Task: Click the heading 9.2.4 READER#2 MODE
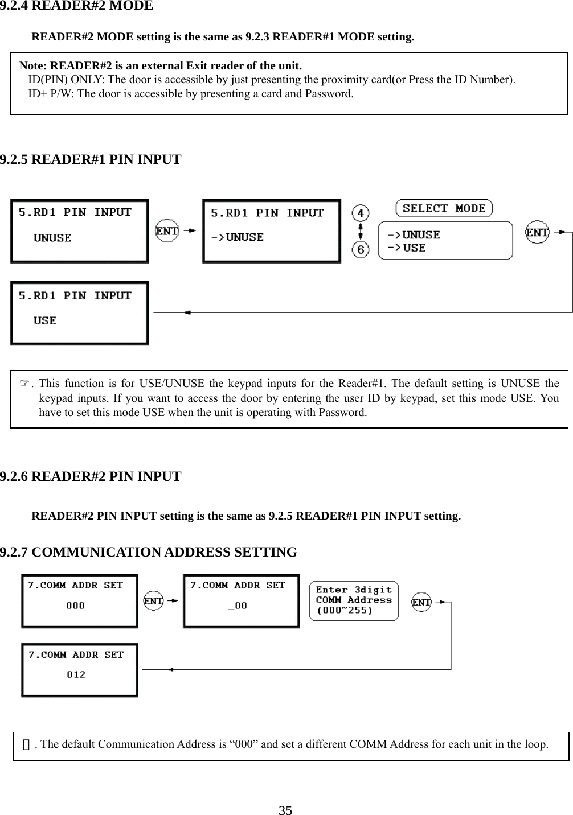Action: click(76, 6)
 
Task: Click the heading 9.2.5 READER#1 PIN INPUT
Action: click(91, 159)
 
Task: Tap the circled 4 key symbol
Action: click(360, 213)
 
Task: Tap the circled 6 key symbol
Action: click(360, 249)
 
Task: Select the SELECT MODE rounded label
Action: click(444, 208)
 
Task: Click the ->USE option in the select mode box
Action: click(407, 248)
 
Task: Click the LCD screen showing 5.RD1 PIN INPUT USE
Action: click(79, 313)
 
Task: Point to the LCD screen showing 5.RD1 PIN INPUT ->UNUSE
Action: click(272, 231)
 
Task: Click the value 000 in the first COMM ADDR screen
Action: click(76, 606)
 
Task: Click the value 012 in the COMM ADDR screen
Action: click(76, 675)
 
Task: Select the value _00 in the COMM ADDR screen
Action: click(238, 606)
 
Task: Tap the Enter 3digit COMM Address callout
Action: click(354, 600)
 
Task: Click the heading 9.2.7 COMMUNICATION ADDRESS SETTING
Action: click(148, 553)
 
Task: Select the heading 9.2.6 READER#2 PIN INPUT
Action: click(91, 476)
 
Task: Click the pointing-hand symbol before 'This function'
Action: click(24, 383)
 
